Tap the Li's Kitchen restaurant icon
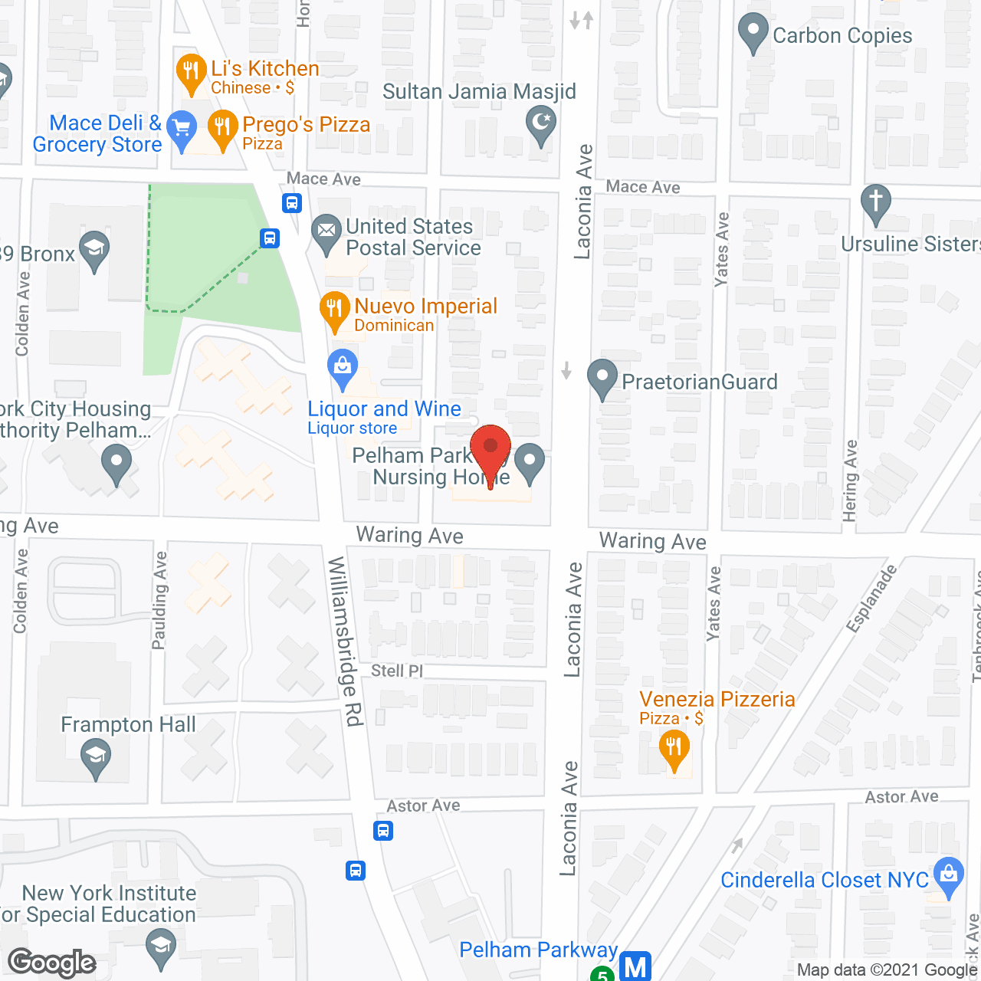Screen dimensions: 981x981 tap(190, 72)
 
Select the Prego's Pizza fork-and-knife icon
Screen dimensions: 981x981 tap(222, 128)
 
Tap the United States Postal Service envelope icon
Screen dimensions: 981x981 tap(326, 231)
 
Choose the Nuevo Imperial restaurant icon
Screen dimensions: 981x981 tap(334, 310)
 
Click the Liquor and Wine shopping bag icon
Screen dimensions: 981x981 tap(343, 367)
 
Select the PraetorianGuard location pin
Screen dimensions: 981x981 tap(602, 378)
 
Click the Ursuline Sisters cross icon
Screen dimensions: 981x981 tap(876, 203)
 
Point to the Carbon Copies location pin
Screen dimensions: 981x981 tap(753, 33)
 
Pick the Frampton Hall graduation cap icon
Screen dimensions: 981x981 tap(96, 758)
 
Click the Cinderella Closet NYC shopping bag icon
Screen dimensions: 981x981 tap(949, 875)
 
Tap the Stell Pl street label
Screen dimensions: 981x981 tap(396, 671)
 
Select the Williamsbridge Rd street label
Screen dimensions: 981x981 tap(345, 641)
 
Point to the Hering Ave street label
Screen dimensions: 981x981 tap(850, 481)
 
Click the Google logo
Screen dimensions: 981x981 tap(52, 963)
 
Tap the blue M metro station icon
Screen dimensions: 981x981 tap(635, 966)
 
